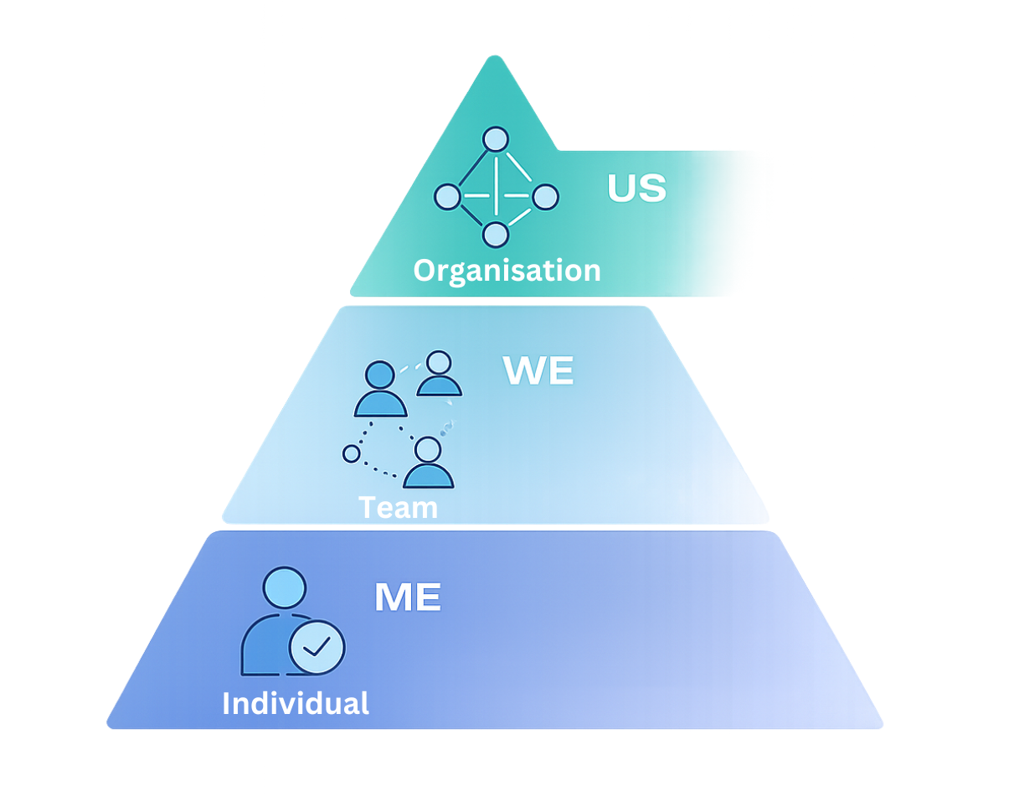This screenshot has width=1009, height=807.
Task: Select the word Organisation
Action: click(507, 271)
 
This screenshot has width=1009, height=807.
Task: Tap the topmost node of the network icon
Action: click(496, 139)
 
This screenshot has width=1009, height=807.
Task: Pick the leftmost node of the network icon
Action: click(447, 197)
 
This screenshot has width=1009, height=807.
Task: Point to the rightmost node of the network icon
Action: click(545, 197)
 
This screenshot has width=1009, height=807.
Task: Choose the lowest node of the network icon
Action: click(496, 235)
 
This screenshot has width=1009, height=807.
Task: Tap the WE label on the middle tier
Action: click(538, 370)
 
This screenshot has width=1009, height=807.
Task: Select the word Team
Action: click(398, 508)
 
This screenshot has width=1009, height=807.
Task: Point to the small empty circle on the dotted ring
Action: click(352, 453)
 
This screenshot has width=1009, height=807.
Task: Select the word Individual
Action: click(295, 702)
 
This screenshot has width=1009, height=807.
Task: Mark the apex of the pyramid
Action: click(496, 59)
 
